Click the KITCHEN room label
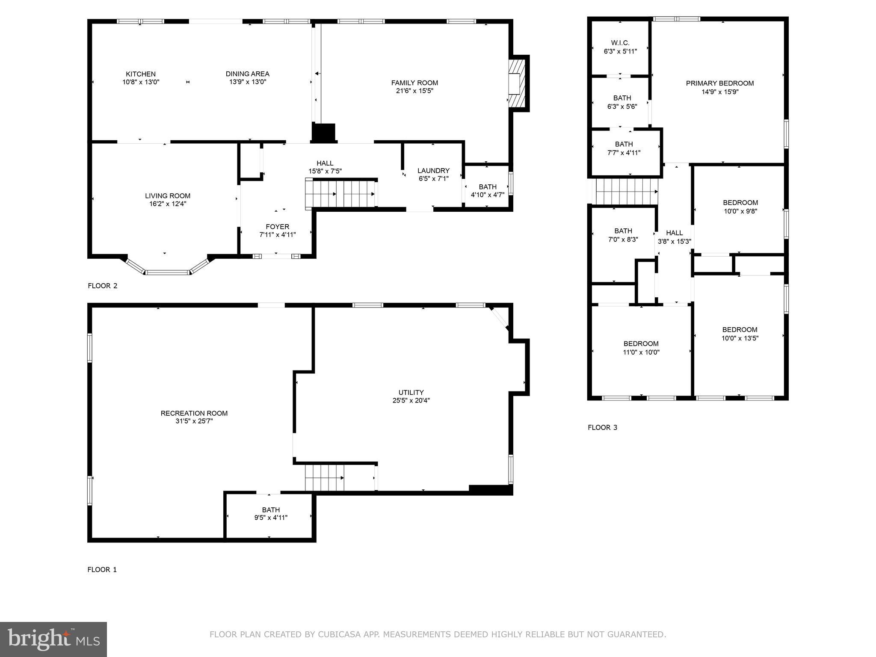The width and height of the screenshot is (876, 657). (x=141, y=74)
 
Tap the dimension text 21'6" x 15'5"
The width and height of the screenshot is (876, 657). (x=414, y=91)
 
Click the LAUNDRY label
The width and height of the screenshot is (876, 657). (x=433, y=171)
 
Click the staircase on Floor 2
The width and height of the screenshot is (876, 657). (x=341, y=193)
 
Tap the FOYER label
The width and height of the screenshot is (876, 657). (x=277, y=227)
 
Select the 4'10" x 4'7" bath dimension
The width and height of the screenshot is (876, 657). (x=488, y=195)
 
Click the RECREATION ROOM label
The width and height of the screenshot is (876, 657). (x=194, y=413)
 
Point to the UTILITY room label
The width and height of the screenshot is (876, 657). (x=411, y=392)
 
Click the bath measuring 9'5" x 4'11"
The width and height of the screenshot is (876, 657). (x=271, y=514)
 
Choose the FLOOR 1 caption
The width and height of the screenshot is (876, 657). (x=102, y=569)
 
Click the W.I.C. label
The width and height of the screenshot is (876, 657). (x=620, y=43)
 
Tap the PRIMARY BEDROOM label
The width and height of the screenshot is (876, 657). (x=719, y=83)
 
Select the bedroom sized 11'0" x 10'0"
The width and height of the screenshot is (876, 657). (x=641, y=348)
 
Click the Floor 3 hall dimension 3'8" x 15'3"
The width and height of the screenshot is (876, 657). (x=674, y=241)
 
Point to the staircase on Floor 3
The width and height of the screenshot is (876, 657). (x=626, y=192)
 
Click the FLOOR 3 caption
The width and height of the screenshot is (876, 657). (x=602, y=427)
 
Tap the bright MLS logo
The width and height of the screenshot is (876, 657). (x=53, y=639)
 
